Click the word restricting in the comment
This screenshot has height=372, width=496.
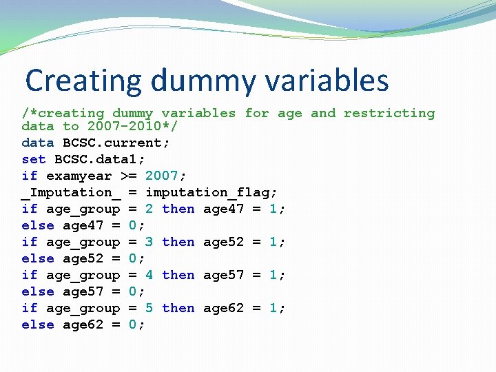click(x=389, y=113)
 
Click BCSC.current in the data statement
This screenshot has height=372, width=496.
click(x=116, y=143)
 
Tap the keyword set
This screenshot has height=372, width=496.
click(x=34, y=159)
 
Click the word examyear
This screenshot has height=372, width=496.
click(x=79, y=176)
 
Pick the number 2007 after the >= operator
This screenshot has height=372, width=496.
click(x=161, y=176)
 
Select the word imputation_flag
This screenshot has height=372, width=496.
click(x=210, y=192)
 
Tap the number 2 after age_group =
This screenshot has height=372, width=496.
click(x=149, y=209)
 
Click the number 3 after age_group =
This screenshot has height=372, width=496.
click(x=149, y=242)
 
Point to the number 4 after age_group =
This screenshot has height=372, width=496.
click(x=149, y=275)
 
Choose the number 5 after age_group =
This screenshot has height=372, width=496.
click(x=149, y=308)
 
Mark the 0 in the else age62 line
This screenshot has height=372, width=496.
click(x=133, y=324)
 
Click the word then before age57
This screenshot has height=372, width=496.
click(x=178, y=275)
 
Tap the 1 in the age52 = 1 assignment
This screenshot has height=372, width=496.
click(x=273, y=242)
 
